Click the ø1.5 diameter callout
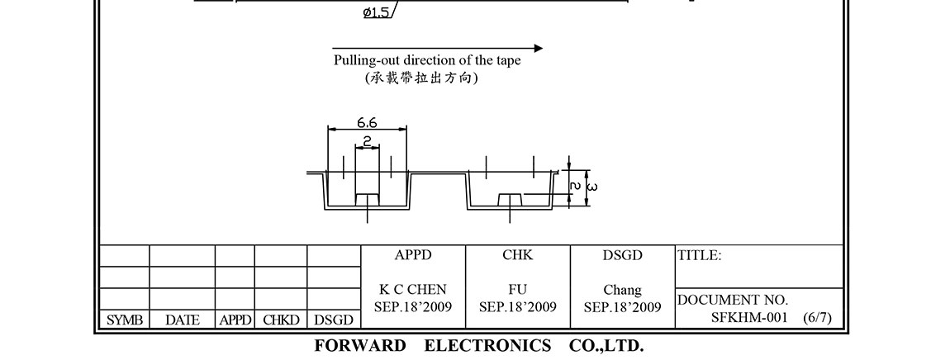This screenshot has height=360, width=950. click(x=377, y=12)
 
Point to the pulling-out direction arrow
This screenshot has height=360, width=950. click(x=437, y=48)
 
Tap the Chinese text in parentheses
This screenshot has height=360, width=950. click(x=421, y=78)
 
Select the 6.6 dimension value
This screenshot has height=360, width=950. click(x=368, y=122)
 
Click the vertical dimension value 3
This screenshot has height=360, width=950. click(x=592, y=187)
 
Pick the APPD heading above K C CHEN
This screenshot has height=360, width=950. click(x=413, y=255)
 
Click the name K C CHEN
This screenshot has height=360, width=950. click(x=413, y=290)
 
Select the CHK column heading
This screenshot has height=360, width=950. click(x=518, y=255)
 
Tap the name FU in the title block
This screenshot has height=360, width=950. click(x=518, y=290)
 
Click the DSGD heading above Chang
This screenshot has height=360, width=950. click(x=623, y=255)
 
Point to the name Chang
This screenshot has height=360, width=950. click(x=623, y=290)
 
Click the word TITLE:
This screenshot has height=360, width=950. click(x=700, y=256)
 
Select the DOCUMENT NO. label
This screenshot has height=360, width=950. click(x=733, y=300)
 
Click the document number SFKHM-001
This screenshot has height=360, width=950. click(x=749, y=317)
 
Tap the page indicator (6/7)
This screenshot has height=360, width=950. click(x=817, y=317)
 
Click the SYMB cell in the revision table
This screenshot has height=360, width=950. click(x=125, y=320)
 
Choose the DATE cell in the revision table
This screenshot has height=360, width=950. click(x=182, y=320)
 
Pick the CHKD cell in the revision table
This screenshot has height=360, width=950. click(x=281, y=320)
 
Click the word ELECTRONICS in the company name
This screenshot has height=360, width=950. click(x=487, y=345)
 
